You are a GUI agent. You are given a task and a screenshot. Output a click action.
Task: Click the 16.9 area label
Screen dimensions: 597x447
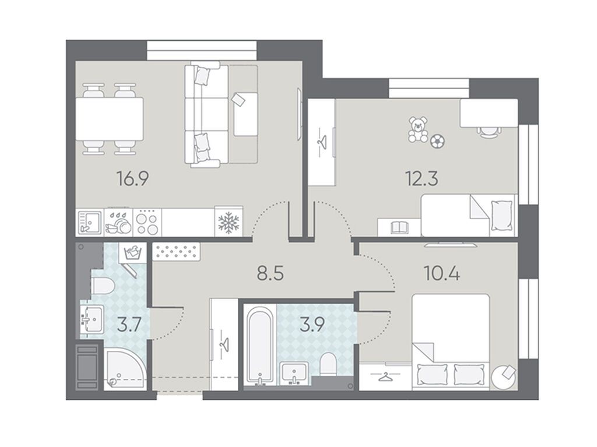pos(133,178)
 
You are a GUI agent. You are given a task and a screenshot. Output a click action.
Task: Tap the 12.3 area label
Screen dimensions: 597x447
pos(422,178)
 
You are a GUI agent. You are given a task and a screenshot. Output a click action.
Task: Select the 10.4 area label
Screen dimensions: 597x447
pos(442,273)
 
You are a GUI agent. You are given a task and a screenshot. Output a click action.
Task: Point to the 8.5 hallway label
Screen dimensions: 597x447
pos(271,273)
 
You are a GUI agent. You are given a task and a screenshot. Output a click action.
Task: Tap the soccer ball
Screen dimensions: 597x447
pos(437,141)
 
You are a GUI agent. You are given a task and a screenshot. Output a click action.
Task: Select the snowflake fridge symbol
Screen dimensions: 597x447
pos(229,223)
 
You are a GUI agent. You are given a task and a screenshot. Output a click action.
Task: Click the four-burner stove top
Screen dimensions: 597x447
pos(148,223)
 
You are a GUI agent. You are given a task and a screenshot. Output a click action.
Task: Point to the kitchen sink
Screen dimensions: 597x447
pos(89,223)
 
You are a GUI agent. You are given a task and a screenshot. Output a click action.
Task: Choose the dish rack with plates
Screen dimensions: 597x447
pos(118,223)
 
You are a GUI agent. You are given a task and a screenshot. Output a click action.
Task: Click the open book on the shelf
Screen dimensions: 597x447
pos(399,228)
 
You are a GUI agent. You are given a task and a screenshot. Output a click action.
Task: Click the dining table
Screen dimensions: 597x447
pos(109,119)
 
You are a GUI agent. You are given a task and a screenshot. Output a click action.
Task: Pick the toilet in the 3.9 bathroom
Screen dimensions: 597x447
pos(328,364)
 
